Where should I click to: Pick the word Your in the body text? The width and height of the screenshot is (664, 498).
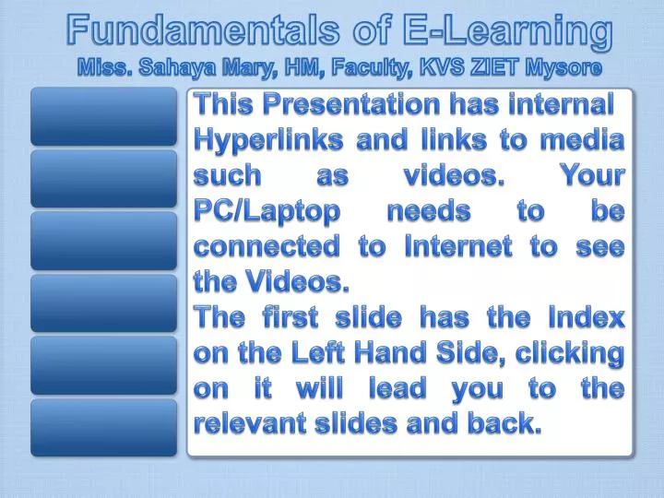point(591,175)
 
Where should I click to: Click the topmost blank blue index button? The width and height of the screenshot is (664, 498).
point(102,116)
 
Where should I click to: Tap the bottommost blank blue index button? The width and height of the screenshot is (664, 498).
point(102,427)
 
